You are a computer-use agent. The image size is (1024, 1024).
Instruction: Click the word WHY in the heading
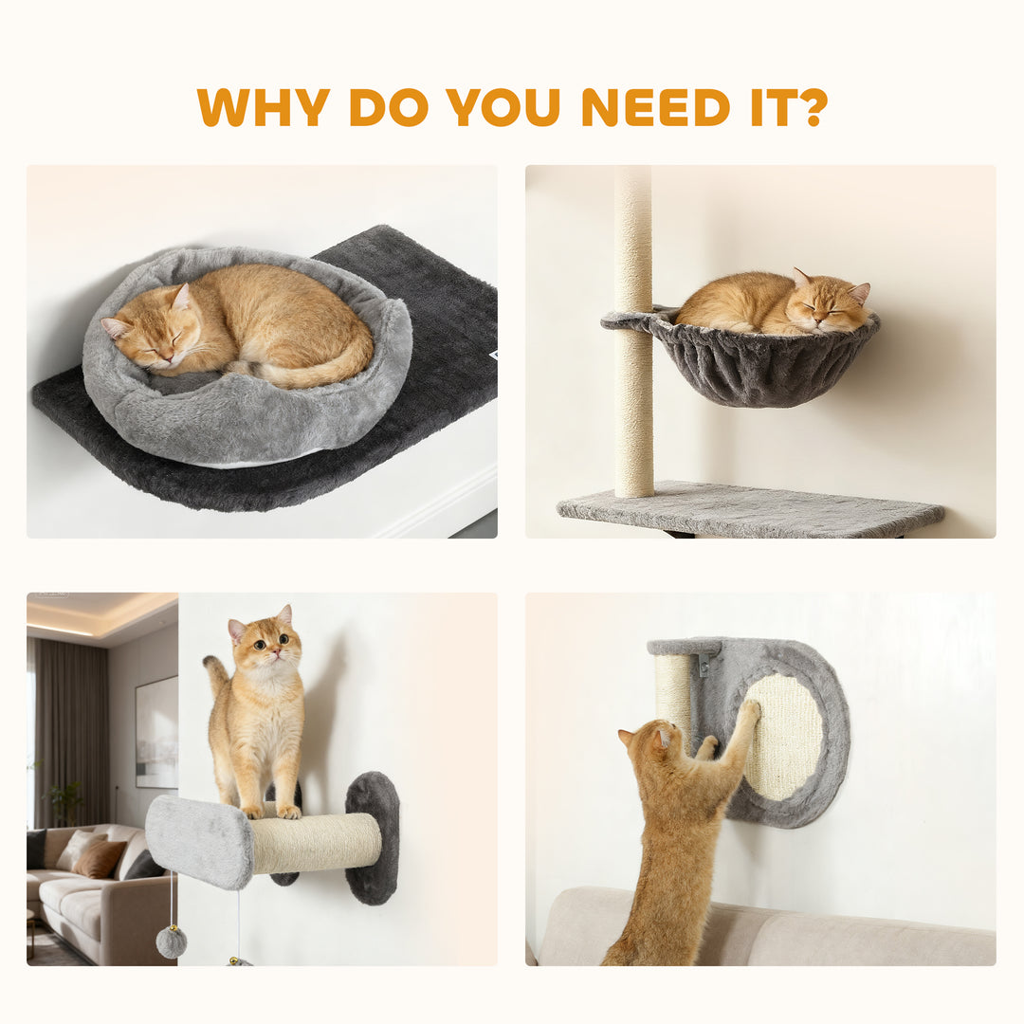click(263, 107)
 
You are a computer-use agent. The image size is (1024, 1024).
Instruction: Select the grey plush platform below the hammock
click(749, 512)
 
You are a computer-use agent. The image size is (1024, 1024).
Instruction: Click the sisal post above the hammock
click(632, 228)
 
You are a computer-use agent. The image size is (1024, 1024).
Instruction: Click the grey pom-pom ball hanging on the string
click(172, 942)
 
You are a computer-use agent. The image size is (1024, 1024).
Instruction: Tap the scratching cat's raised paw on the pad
click(748, 711)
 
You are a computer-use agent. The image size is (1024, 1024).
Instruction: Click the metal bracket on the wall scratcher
click(703, 663)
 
